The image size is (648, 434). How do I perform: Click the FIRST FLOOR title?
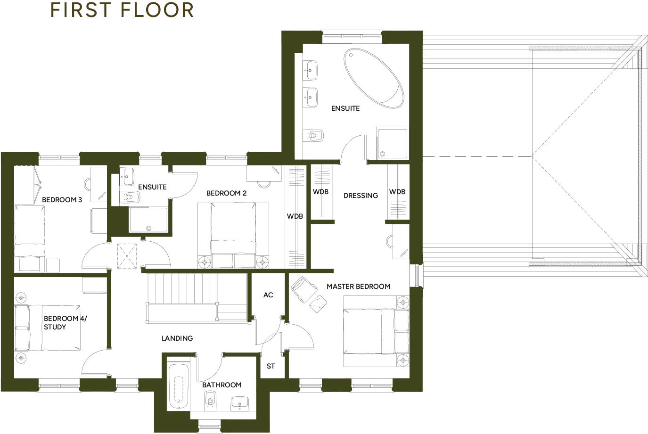tap(122, 10)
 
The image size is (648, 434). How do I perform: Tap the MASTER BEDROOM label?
tap(358, 286)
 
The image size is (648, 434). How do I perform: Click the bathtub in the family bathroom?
tap(179, 386)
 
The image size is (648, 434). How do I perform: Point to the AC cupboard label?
tap(268, 295)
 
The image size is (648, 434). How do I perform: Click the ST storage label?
tap(271, 366)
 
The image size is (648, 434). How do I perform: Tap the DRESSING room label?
tap(361, 195)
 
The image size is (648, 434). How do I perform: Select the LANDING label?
tap(177, 338)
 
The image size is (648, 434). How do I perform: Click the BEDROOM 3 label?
tap(62, 200)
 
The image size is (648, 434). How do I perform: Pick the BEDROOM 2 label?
tap(226, 193)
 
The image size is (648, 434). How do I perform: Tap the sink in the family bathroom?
tap(240, 403)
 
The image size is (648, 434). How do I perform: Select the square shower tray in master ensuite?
tap(392, 143)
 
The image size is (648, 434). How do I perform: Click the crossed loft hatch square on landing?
tap(127, 255)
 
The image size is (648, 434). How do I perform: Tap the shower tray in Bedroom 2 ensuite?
tap(148, 220)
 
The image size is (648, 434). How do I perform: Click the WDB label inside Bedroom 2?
tap(295, 216)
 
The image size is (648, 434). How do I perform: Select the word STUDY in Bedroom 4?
tap(55, 327)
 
